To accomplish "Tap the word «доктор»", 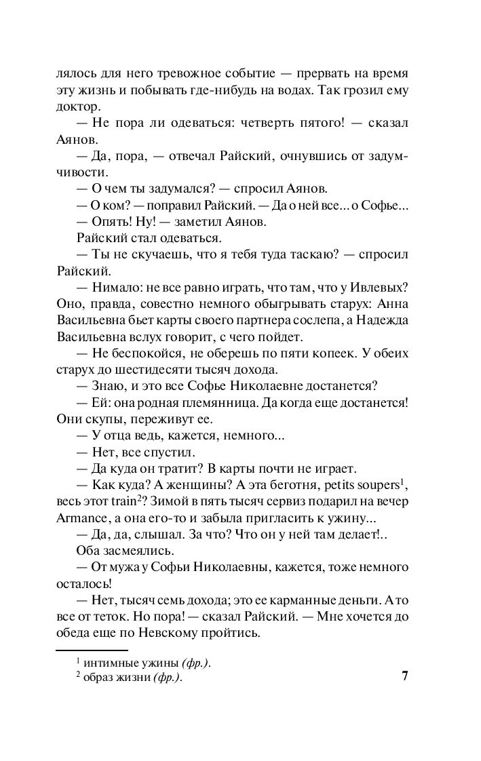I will pos(76,106).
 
